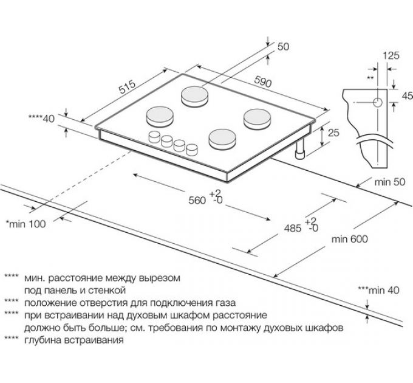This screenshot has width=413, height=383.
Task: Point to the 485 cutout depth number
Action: tap(293, 229)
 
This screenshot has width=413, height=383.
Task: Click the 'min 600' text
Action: tap(349, 239)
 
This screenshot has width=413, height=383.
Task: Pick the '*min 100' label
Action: tap(26, 224)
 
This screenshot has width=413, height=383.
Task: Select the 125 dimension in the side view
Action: tap(391, 55)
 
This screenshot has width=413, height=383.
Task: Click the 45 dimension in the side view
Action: tap(407, 95)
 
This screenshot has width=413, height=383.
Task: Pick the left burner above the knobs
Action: tap(159, 115)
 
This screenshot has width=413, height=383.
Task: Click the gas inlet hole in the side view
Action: tap(377, 102)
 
